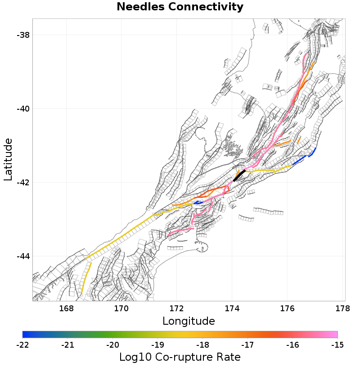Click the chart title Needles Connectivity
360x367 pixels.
[x=180, y=7]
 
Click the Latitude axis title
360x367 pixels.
[x=8, y=160]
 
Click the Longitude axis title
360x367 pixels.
[x=189, y=321]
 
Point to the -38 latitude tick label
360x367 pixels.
[x=22, y=35]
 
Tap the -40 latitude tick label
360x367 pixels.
[x=22, y=109]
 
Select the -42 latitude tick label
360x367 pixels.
[x=22, y=183]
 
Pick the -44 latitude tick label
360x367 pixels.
[x=22, y=256]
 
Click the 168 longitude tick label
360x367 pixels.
[x=66, y=309]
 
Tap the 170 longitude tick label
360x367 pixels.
[x=121, y=309]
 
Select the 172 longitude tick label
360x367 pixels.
[x=177, y=309]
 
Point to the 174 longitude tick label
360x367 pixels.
[x=232, y=309]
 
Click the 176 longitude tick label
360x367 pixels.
[x=288, y=309]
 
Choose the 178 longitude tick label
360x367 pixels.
[x=343, y=309]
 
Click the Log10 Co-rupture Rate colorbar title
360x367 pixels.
[x=180, y=358]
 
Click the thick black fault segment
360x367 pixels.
[x=239, y=176]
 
